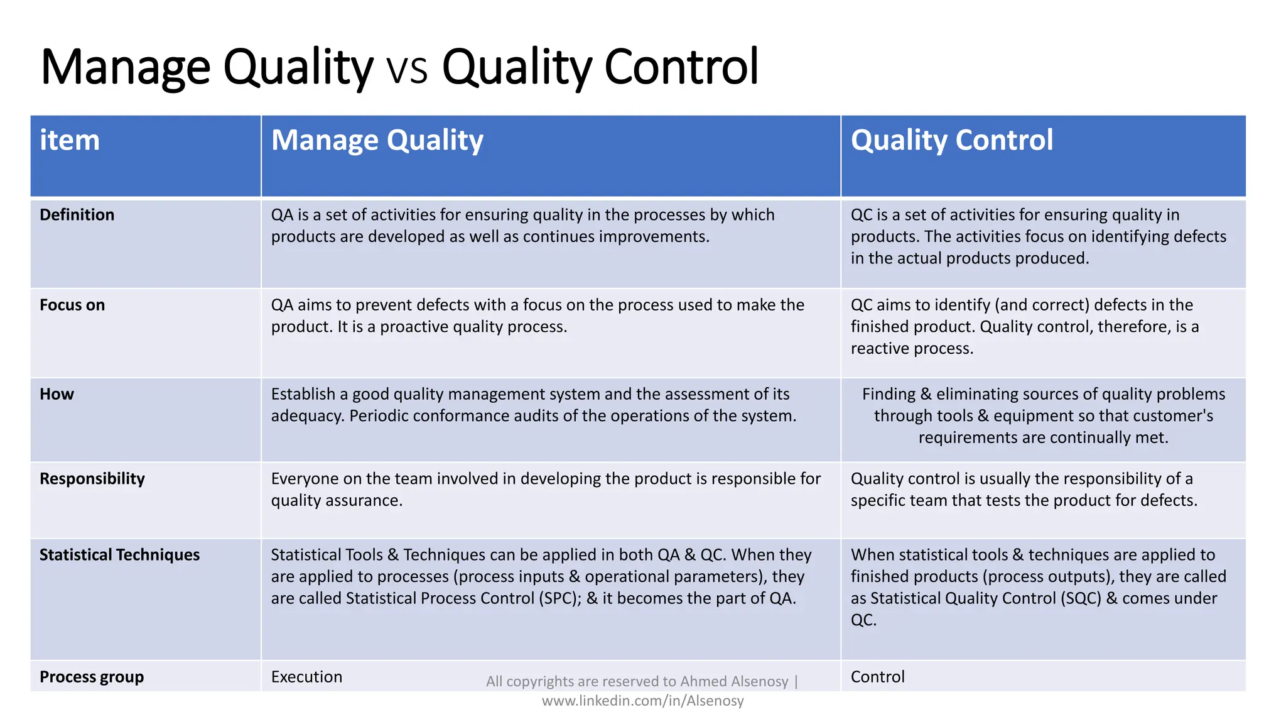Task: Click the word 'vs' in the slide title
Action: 408,68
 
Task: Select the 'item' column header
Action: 70,140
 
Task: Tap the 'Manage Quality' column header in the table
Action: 377,140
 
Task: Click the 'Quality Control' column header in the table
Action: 951,140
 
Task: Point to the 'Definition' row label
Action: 77,215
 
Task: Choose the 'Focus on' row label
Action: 72,305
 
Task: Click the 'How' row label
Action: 57,395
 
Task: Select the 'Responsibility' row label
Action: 92,479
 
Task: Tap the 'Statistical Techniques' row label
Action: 119,555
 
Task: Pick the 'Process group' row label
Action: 92,677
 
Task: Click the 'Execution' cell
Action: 306,677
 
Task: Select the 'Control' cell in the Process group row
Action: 877,677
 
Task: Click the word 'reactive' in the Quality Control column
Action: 878,349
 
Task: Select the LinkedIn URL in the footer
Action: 642,701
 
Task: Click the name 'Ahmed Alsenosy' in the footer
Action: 734,682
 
